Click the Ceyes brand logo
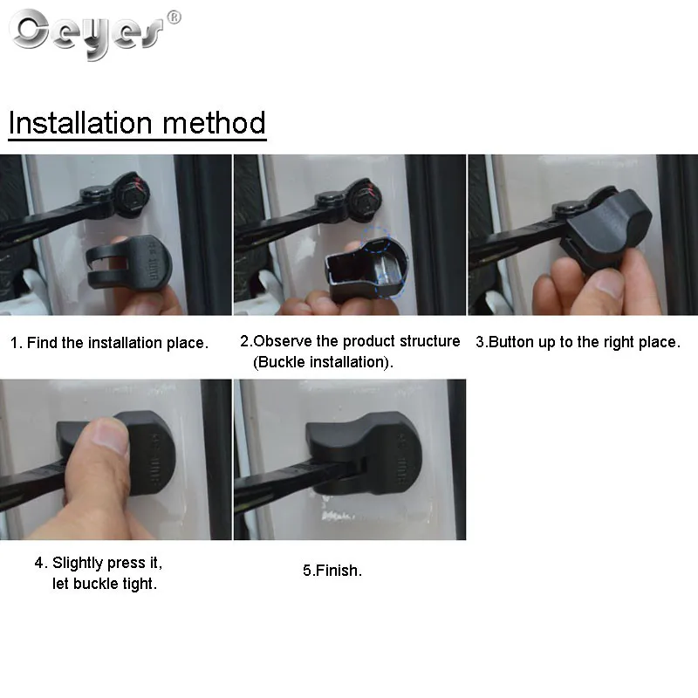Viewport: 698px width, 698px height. pyautogui.click(x=86, y=34)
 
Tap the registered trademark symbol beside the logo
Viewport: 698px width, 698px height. pyautogui.click(x=174, y=17)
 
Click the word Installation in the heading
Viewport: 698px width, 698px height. pyautogui.click(x=80, y=122)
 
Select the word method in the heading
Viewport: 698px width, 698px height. pyautogui.click(x=214, y=122)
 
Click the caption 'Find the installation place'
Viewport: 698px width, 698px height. pyautogui.click(x=117, y=343)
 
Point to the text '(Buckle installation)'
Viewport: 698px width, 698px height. pyautogui.click(x=323, y=362)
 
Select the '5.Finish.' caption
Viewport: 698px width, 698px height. pyautogui.click(x=332, y=571)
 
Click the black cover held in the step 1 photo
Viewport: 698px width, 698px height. pyautogui.click(x=129, y=263)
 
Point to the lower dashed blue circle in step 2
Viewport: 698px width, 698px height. pyautogui.click(x=389, y=285)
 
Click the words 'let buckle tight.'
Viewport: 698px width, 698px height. pyautogui.click(x=105, y=584)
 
